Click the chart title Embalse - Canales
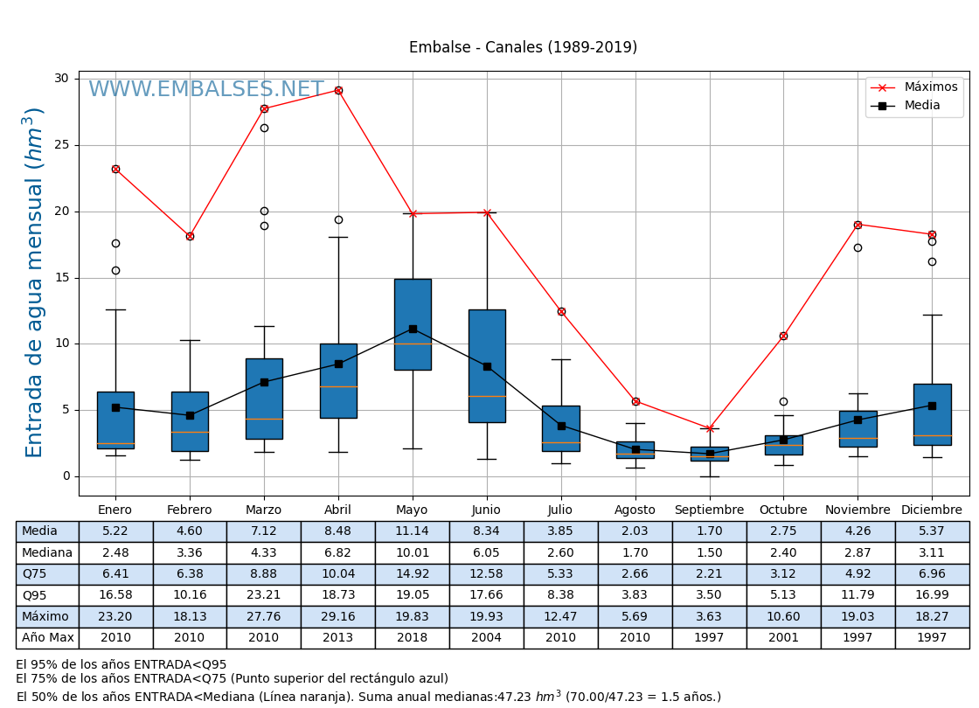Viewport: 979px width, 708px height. (x=523, y=48)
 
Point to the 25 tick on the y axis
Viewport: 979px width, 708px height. (x=61, y=145)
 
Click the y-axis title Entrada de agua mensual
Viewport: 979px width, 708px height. (x=34, y=281)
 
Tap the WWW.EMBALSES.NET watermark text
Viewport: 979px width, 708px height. (x=205, y=90)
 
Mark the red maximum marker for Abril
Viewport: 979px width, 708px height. (x=338, y=90)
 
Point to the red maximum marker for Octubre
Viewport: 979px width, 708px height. (x=783, y=336)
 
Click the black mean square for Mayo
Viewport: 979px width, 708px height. (x=413, y=329)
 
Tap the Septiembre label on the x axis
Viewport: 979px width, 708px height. (x=709, y=510)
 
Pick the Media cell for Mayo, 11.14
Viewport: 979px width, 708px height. (x=413, y=531)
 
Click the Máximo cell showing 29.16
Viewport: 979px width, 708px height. (x=338, y=616)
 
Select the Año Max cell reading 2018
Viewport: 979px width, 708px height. (x=413, y=638)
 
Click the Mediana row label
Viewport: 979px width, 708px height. (x=47, y=552)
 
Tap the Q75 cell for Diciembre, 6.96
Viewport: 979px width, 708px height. (x=932, y=574)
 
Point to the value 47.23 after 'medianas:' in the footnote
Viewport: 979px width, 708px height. (x=515, y=698)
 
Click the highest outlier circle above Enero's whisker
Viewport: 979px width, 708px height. (x=115, y=243)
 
